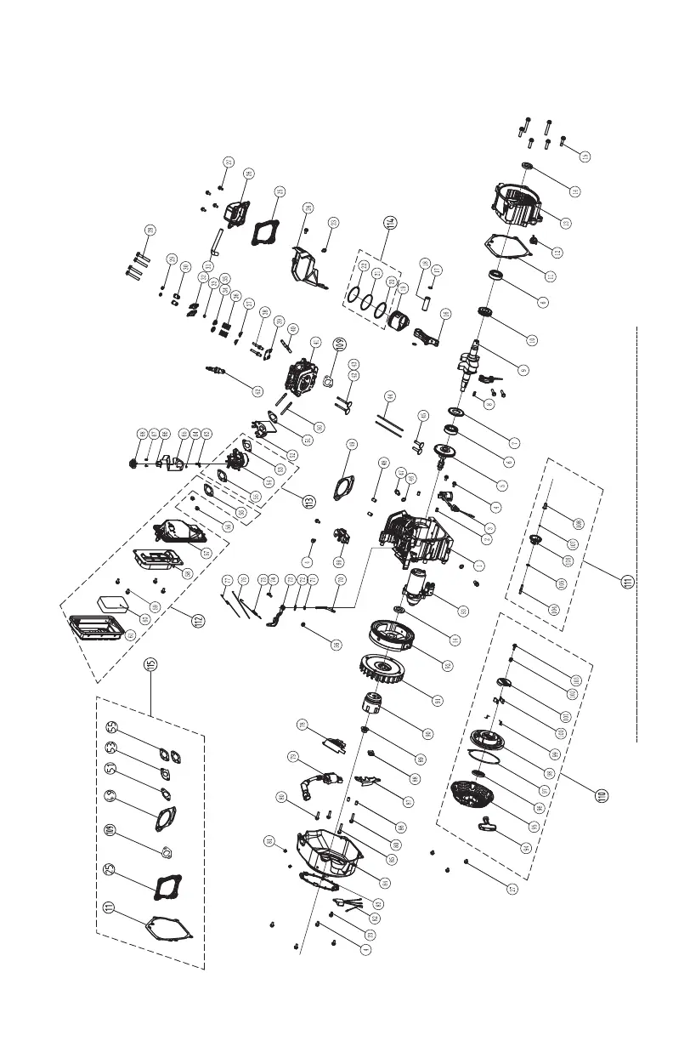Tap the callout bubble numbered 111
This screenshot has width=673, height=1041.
(x=627, y=582)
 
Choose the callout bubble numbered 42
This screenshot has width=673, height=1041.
(x=257, y=390)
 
